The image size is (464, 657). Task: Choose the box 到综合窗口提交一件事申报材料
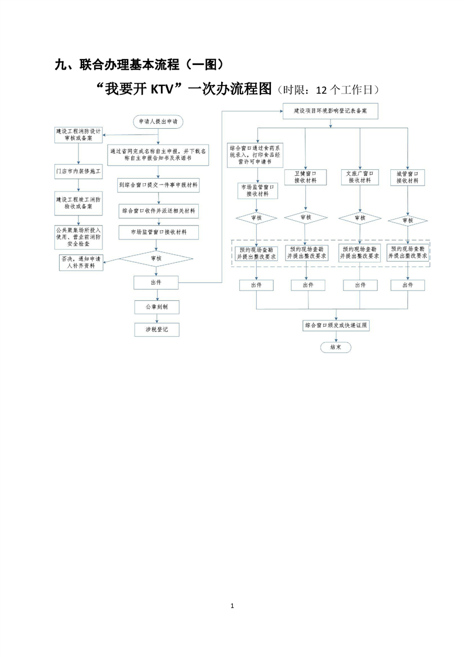158,184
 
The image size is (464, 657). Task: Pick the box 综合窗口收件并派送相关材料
158,210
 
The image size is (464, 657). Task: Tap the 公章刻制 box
155,307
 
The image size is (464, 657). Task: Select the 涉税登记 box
156,330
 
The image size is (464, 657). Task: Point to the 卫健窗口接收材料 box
305,177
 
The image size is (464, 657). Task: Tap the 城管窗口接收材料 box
407,177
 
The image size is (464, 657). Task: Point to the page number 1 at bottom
232,605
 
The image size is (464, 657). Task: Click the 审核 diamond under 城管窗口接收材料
407,220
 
